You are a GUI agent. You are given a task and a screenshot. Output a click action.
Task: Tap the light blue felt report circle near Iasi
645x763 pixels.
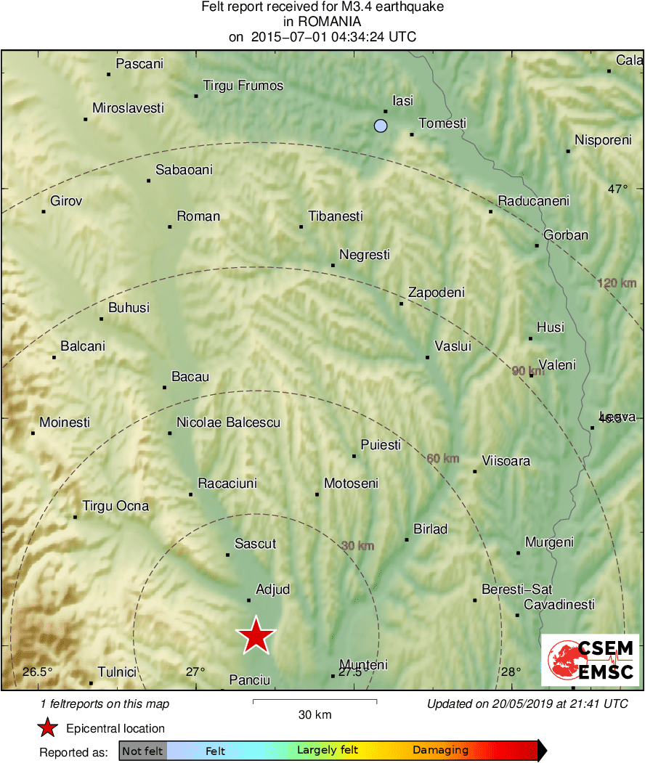pos(381,126)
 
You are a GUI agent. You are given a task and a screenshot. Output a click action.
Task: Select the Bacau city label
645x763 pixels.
pos(190,377)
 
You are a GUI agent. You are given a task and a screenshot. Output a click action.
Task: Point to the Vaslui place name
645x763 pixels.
pos(453,346)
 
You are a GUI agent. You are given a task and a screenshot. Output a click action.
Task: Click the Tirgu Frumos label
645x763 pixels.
pos(243,86)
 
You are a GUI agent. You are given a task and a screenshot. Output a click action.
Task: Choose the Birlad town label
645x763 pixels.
pos(431,529)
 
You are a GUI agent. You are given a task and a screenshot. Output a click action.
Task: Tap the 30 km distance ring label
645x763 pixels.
pos(357,546)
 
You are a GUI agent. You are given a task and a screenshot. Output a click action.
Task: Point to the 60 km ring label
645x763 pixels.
pos(442,458)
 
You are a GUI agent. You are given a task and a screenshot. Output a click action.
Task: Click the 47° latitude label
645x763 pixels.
pos(617,189)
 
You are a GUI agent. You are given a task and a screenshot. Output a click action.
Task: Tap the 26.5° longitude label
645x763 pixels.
pos(38,672)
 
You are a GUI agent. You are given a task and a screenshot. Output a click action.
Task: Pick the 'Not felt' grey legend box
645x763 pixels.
pos(142,751)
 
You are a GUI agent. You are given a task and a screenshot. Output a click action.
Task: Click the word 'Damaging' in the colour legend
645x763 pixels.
pos(440,751)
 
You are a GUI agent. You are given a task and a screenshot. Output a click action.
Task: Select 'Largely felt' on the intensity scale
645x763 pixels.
pos(327,751)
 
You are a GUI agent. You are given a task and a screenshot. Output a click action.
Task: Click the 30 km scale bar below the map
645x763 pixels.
pos(315,701)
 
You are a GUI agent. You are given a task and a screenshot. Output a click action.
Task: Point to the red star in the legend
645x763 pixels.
pos(47,728)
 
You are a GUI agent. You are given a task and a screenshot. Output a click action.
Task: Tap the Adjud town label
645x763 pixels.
pos(273,589)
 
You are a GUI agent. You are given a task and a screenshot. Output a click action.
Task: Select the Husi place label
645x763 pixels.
pos(551,327)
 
